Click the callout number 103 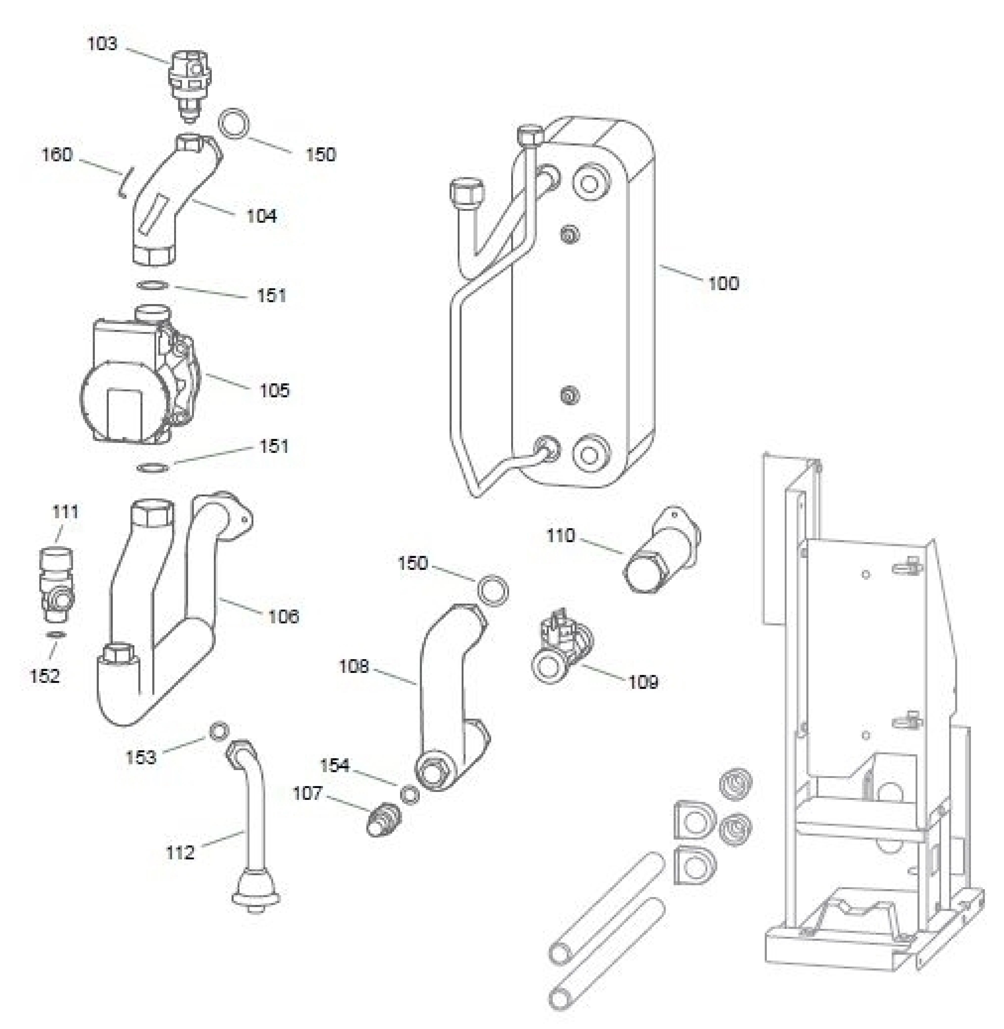click(x=102, y=44)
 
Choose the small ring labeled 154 click(x=410, y=795)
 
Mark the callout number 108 click(x=353, y=667)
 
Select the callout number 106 click(x=283, y=616)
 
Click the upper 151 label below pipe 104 click(x=271, y=295)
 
